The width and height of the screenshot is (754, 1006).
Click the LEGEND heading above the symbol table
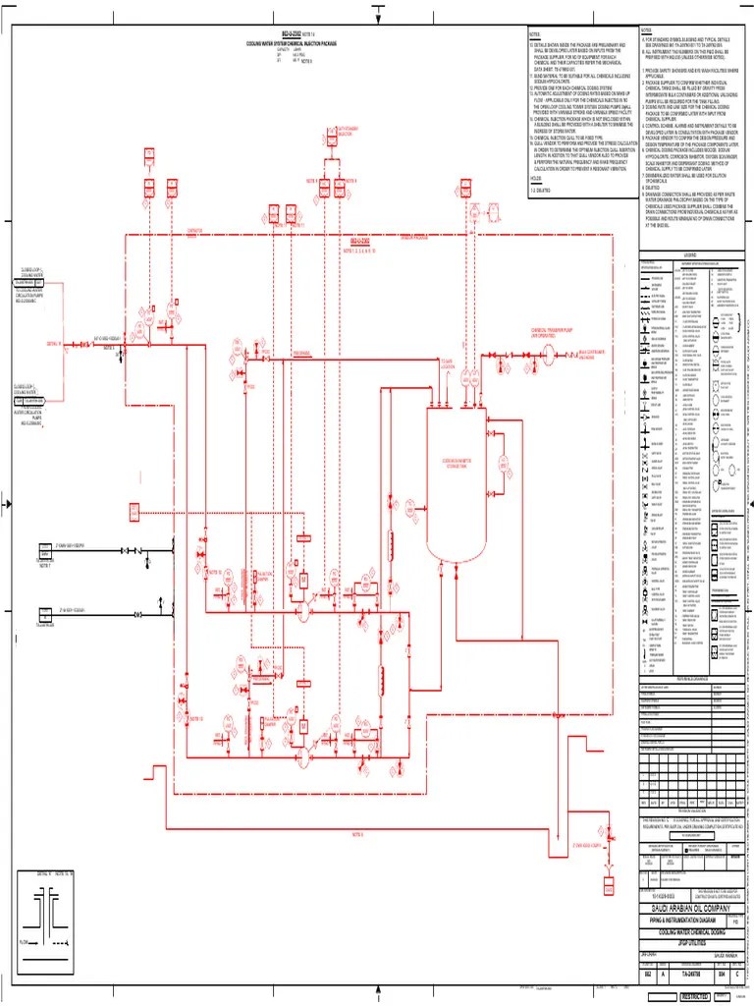pos(690,255)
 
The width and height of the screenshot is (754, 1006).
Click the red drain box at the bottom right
pos(610,889)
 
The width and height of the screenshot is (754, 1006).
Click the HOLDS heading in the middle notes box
pos(537,179)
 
